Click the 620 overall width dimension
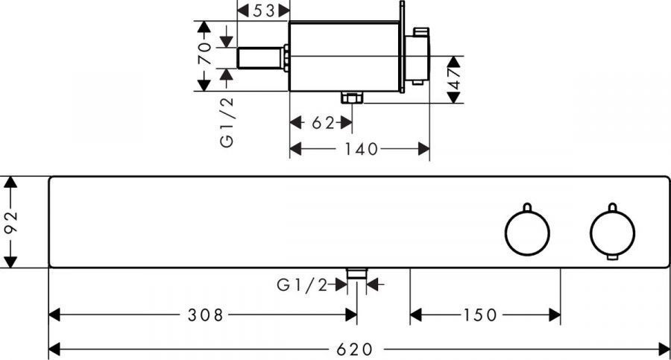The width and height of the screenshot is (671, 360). pos(354,350)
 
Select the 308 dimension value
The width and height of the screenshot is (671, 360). pos(206,315)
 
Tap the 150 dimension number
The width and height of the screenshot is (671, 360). pos(479,315)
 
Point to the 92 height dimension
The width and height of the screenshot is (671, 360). pos(11,221)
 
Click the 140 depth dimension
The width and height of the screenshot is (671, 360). pos(361,149)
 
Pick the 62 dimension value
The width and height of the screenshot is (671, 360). pos(323,123)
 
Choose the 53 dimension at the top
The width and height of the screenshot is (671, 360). pos(264,10)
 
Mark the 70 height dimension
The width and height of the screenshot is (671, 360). pos(204,53)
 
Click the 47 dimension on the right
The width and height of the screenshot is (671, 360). pos(455,78)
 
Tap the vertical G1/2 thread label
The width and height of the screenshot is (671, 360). pos(227,122)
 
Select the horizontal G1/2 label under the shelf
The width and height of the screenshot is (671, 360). pos(302,285)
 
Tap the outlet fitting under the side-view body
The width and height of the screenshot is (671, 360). pos(352,97)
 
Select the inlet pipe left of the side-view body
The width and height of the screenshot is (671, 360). pos(262,58)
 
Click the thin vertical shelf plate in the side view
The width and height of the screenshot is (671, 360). pos(402,47)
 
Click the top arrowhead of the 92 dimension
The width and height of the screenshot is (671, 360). pos(10,182)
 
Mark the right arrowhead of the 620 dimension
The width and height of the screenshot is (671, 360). pos(664,350)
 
